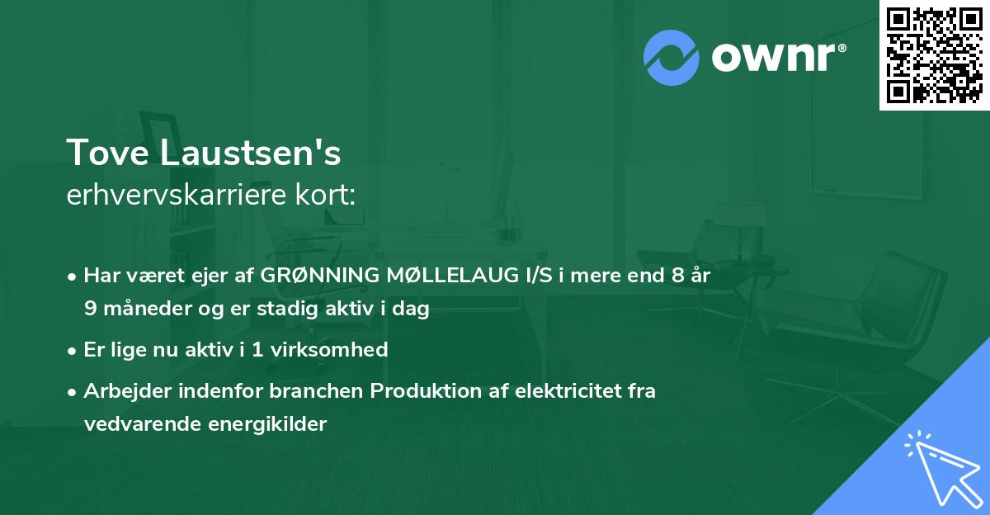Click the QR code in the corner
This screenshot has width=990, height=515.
[934, 54]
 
